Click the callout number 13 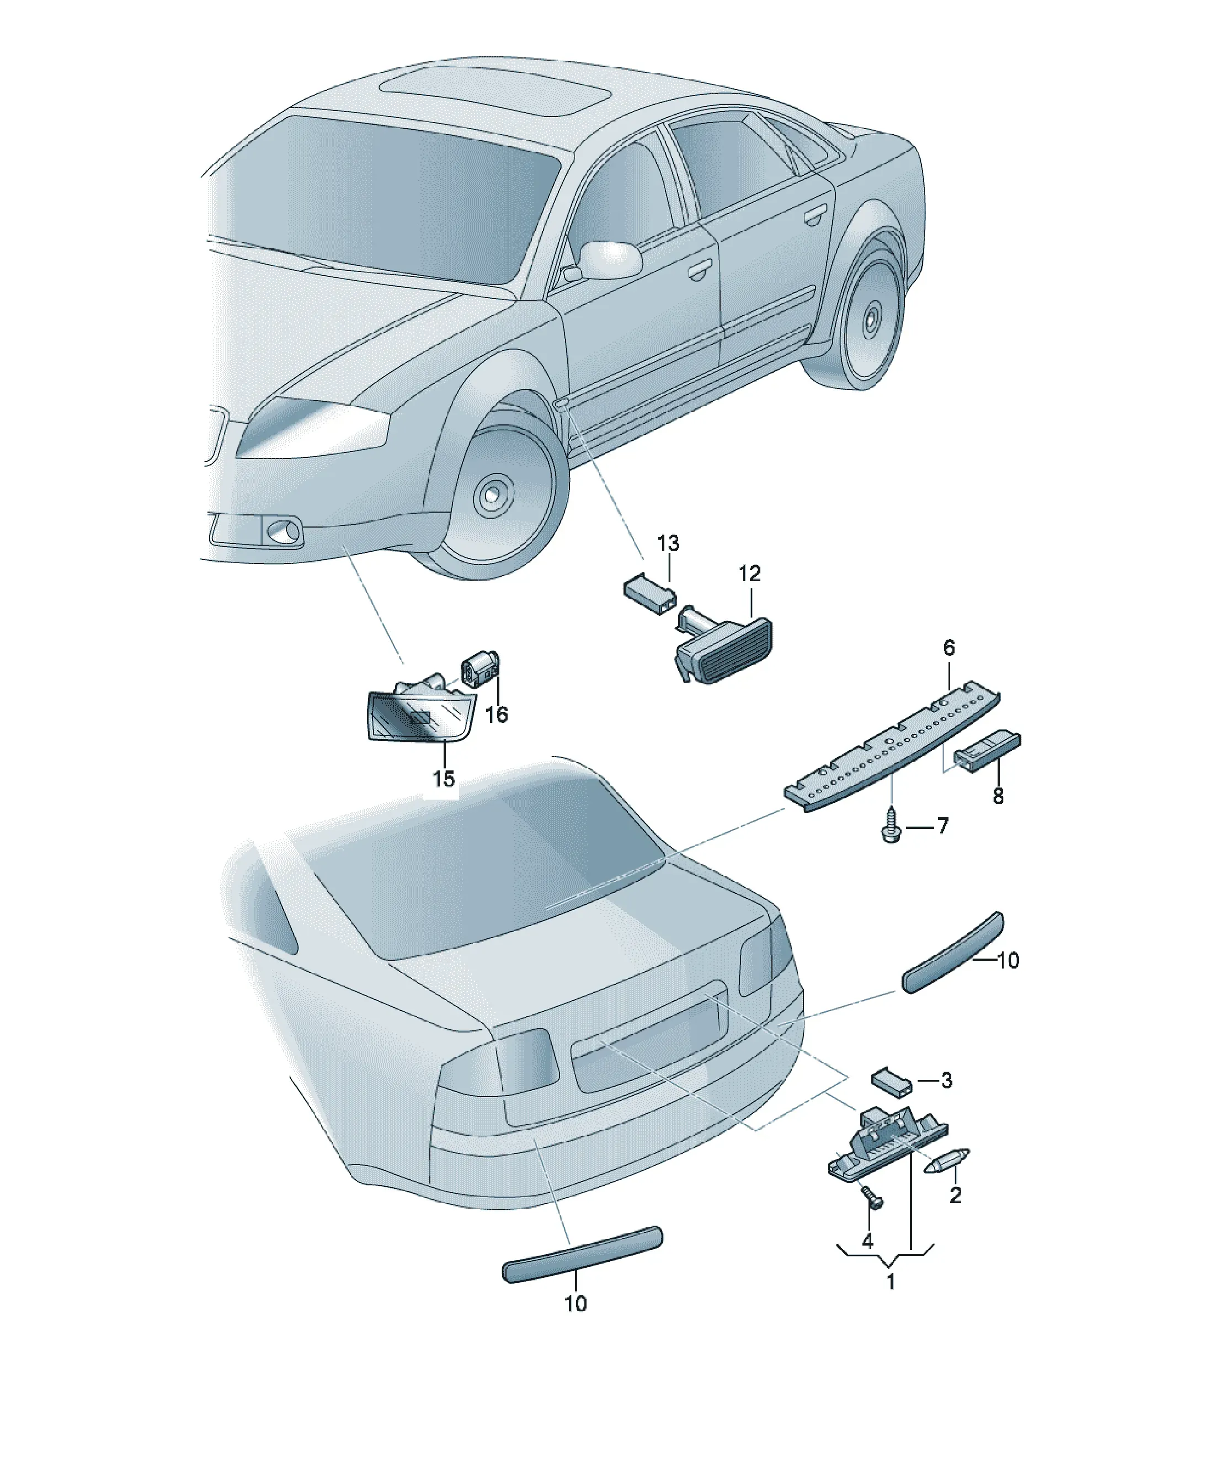(668, 542)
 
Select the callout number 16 (496, 714)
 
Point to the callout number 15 (443, 778)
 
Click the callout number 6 (949, 648)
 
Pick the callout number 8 (998, 796)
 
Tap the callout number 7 (942, 826)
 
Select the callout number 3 (946, 1081)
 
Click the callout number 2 (955, 1195)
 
